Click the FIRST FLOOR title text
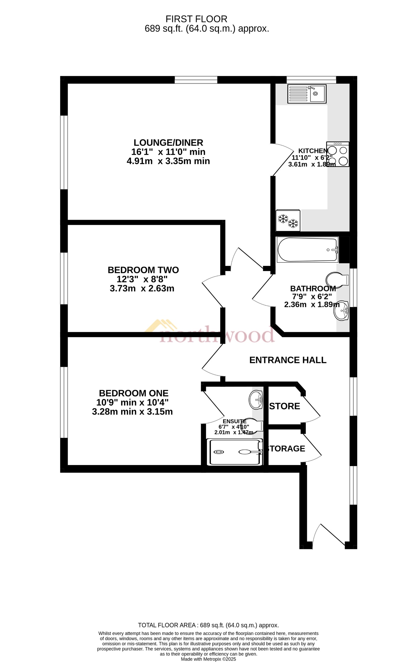[196, 19]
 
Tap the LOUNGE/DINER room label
[168, 143]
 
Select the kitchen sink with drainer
[307, 94]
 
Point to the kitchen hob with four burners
[338, 154]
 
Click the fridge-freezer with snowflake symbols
[288, 220]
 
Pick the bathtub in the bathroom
[307, 250]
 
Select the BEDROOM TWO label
[143, 270]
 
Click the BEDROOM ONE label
[134, 393]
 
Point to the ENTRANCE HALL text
[288, 360]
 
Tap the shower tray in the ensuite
[235, 452]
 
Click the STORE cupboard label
[285, 406]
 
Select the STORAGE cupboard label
[286, 449]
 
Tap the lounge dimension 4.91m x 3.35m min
[168, 161]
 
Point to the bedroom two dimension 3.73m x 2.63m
[142, 288]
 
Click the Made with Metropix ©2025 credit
[208, 659]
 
